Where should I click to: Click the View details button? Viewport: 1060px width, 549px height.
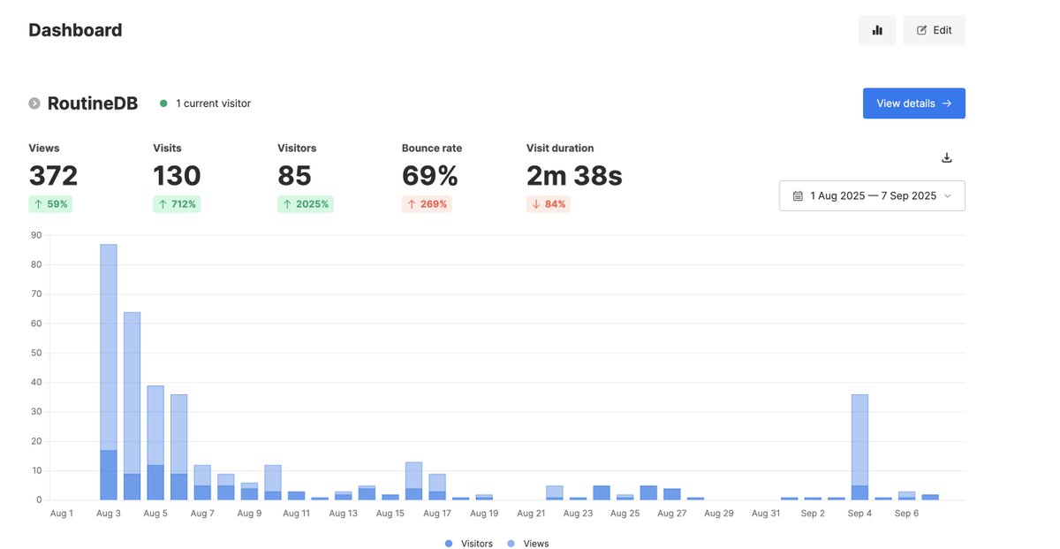click(x=913, y=103)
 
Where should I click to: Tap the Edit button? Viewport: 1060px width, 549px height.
click(x=934, y=30)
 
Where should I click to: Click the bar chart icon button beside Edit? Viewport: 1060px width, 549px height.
click(x=877, y=30)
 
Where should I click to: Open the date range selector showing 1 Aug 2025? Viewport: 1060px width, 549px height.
click(x=872, y=195)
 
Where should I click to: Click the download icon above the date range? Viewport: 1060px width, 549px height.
click(x=947, y=158)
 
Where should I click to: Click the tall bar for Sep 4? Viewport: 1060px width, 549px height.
click(x=859, y=442)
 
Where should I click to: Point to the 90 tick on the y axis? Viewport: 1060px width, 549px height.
click(x=36, y=235)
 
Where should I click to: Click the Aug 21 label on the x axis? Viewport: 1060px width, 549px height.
click(x=531, y=514)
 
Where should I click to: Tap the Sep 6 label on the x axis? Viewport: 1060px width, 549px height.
click(x=906, y=514)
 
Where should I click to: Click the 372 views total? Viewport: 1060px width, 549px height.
click(x=53, y=176)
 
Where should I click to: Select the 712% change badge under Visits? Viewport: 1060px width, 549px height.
click(x=177, y=204)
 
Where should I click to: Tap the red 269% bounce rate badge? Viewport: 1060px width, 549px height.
click(x=427, y=204)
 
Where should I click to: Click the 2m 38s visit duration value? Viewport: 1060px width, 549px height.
click(x=574, y=176)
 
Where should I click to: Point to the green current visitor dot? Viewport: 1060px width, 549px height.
click(x=163, y=103)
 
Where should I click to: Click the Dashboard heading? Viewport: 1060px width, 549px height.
click(x=75, y=30)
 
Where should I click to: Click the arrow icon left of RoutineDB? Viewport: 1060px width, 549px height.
click(x=34, y=103)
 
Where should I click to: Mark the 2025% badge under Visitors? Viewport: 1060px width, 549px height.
click(x=306, y=204)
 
